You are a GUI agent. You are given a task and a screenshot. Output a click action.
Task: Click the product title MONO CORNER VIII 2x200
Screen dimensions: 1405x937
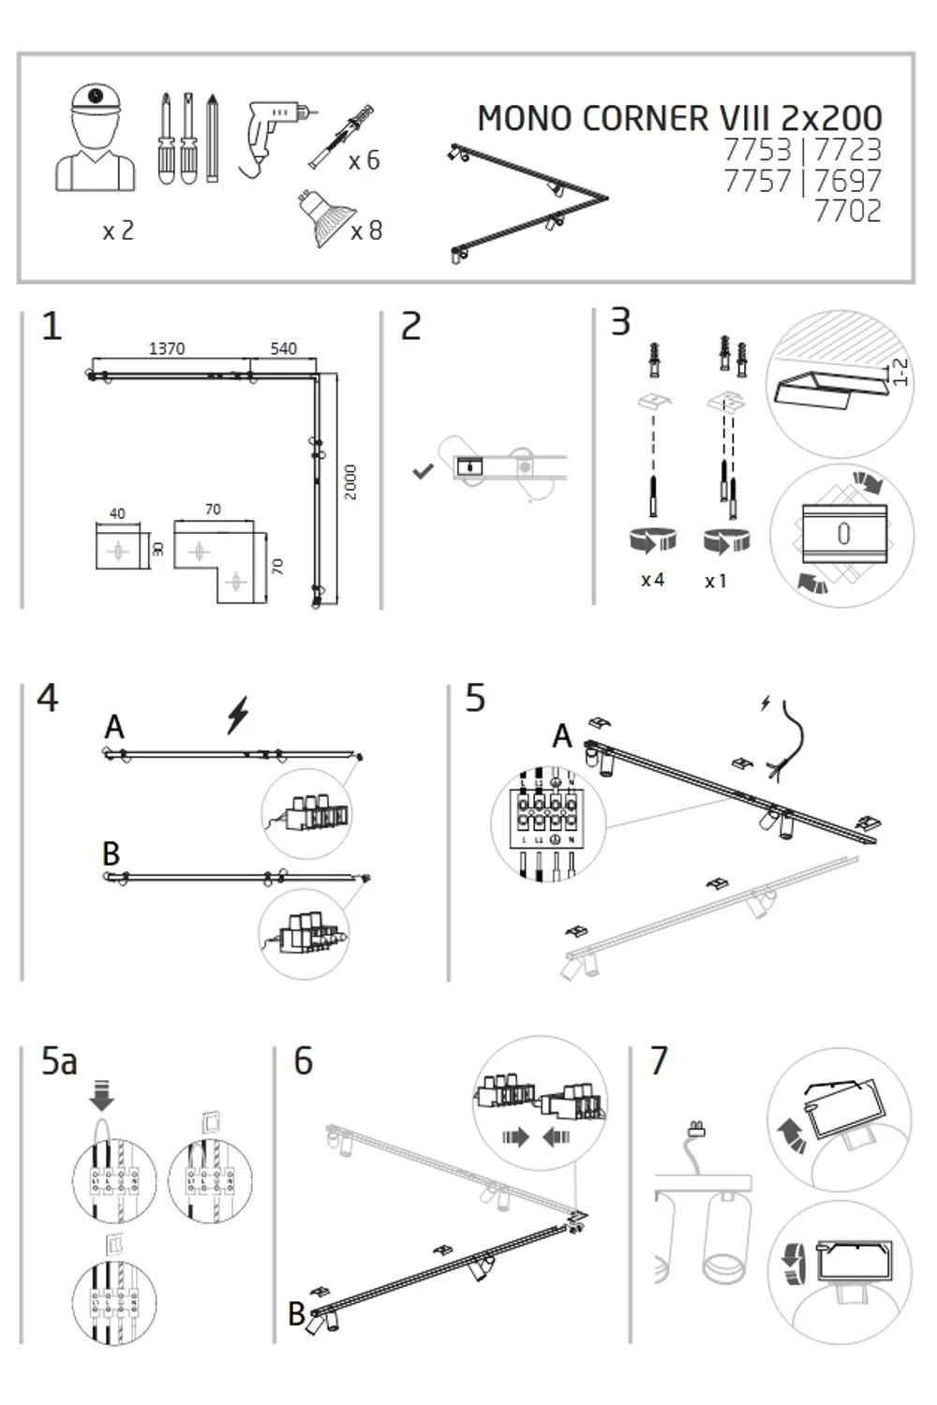[679, 119]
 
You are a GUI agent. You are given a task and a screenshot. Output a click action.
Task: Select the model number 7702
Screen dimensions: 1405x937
[847, 212]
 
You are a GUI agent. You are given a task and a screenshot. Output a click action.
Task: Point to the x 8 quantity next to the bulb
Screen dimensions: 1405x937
[366, 230]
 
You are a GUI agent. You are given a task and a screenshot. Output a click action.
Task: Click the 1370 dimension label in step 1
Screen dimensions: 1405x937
[167, 348]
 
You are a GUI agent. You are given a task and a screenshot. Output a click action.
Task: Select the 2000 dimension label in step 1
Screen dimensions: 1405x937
[350, 482]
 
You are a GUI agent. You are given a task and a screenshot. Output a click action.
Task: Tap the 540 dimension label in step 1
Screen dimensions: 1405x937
[283, 348]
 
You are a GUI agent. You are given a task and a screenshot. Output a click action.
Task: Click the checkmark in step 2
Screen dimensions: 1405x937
[423, 471]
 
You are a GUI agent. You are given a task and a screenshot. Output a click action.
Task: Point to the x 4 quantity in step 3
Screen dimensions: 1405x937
[652, 581]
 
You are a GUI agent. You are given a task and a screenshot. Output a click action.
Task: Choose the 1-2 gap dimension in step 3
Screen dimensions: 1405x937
[900, 372]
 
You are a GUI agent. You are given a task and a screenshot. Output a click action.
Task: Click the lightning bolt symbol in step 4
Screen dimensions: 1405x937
[239, 715]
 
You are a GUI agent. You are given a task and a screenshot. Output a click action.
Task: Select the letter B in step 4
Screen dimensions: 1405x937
[112, 854]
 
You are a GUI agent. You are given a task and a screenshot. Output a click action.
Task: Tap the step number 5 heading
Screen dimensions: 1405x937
[476, 699]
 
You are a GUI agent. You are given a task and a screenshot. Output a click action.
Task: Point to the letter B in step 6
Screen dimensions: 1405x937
[297, 1314]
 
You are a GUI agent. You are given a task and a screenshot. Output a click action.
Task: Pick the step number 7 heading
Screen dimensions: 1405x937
[660, 1061]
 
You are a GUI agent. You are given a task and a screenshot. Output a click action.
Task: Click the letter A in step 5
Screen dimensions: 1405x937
[562, 736]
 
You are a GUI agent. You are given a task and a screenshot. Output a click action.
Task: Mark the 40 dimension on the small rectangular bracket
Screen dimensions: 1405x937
[117, 513]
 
